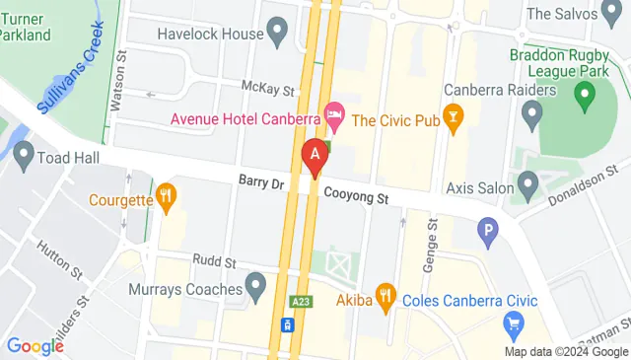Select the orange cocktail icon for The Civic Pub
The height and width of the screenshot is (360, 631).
coord(454,120)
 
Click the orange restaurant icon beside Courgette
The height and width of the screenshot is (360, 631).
coord(166,198)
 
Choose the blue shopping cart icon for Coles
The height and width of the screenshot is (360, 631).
coord(513,322)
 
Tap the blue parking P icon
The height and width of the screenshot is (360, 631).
coord(487,233)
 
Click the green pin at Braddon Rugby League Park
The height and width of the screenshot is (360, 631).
coord(585,96)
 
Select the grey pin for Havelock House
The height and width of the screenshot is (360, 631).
coord(277,34)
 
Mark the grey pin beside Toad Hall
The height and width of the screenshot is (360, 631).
coord(22,156)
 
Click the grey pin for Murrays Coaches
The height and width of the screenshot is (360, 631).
coord(256,289)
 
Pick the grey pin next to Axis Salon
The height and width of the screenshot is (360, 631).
coord(528,182)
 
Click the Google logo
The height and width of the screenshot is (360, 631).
coord(35,346)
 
